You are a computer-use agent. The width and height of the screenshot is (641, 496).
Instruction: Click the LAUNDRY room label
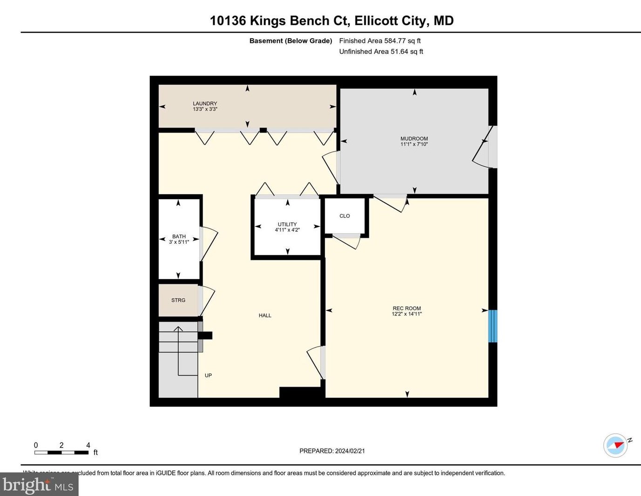[205, 104]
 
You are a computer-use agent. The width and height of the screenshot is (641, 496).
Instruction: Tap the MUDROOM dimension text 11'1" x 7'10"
[414, 144]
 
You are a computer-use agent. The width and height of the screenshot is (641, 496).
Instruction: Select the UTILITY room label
[287, 224]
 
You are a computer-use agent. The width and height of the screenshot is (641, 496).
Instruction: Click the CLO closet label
[344, 216]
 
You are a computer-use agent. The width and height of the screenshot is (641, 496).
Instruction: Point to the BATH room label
[179, 236]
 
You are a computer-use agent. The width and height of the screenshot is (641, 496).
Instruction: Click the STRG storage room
[178, 300]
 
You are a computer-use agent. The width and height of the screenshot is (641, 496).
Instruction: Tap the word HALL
[265, 315]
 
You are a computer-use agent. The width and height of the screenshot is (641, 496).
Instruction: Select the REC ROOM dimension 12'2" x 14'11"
[406, 314]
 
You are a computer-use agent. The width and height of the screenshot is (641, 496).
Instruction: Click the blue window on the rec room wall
[493, 326]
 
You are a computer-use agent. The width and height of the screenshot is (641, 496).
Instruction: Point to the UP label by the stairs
[208, 375]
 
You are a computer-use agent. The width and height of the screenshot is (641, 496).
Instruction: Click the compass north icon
[616, 445]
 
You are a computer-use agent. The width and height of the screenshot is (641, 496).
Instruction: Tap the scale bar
[61, 452]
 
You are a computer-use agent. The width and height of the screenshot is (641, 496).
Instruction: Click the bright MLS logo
[39, 484]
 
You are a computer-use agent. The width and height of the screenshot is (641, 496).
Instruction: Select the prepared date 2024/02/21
[332, 451]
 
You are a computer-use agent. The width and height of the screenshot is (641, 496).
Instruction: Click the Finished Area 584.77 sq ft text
[380, 41]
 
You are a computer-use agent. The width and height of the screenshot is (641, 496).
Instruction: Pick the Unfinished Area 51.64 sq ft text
[381, 52]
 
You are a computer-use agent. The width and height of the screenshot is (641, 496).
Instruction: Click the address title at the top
[331, 20]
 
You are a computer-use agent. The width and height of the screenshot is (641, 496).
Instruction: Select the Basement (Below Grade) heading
[290, 41]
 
